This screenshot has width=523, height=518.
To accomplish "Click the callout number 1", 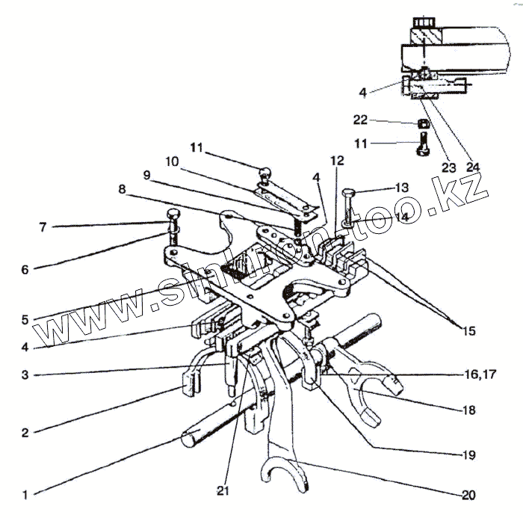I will pyautogui.click(x=25, y=494).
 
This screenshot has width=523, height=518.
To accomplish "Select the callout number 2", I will pyautogui.click(x=25, y=432).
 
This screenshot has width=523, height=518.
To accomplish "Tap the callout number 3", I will pyautogui.click(x=25, y=375).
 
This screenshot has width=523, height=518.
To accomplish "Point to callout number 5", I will pyautogui.click(x=25, y=319).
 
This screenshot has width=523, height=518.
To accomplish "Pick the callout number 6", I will pyautogui.click(x=25, y=269).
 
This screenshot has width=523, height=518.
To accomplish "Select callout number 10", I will pyautogui.click(x=172, y=161).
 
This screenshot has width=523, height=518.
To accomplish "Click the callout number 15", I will pyautogui.click(x=468, y=330).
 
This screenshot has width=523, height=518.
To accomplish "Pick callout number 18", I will pyautogui.click(x=468, y=410).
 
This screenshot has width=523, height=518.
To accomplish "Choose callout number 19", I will pyautogui.click(x=468, y=454).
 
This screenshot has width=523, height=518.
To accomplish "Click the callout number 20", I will pyautogui.click(x=468, y=494).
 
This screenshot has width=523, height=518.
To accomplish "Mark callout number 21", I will pyautogui.click(x=222, y=490).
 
